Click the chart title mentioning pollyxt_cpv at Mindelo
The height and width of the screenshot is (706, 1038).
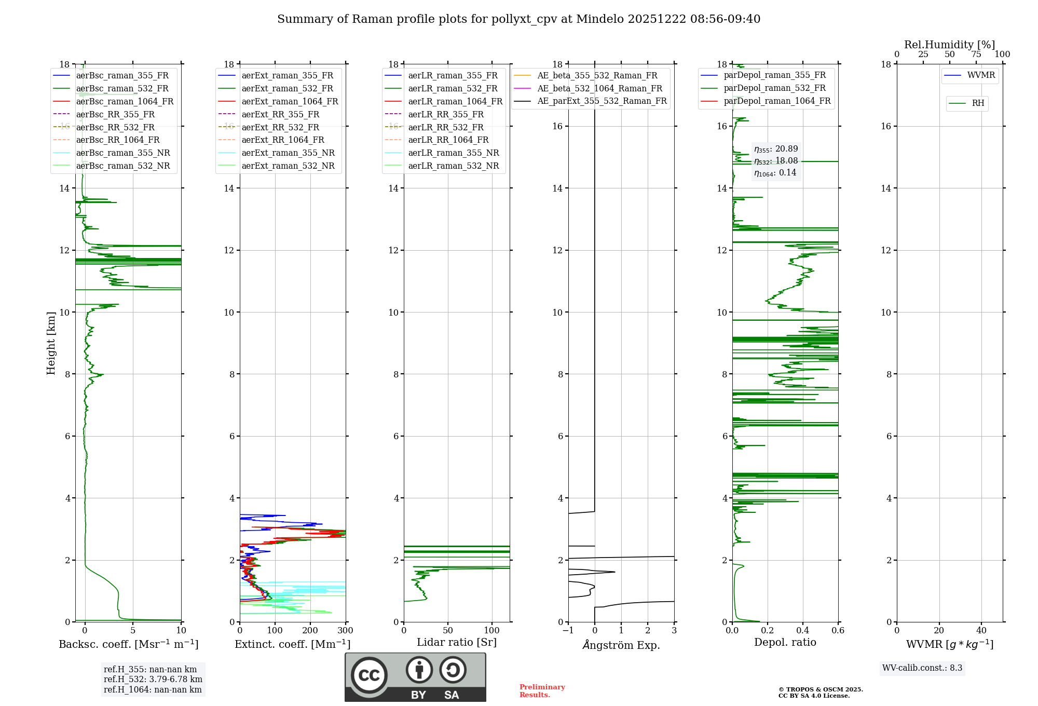(518, 19)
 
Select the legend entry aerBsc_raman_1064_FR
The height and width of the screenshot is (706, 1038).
(125, 101)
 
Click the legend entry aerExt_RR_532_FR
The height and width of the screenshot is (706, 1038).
(280, 127)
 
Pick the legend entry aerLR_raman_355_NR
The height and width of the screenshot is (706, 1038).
(453, 153)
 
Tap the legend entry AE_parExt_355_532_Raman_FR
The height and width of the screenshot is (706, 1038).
(602, 101)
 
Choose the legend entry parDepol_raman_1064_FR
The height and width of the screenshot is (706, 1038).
(777, 101)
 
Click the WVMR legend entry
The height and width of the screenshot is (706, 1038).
(981, 75)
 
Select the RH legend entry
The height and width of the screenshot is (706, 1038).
(978, 103)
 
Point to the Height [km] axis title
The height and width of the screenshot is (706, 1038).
(51, 343)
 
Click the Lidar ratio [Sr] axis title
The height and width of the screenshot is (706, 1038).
(457, 642)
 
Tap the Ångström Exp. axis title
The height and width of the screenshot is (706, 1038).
(621, 645)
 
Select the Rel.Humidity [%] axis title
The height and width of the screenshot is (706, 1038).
(949, 45)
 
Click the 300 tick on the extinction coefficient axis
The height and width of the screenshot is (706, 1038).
(345, 631)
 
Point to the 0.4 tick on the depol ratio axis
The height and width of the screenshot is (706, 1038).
(803, 631)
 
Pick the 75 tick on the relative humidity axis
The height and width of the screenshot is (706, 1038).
(976, 55)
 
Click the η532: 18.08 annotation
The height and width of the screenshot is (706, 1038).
(776, 161)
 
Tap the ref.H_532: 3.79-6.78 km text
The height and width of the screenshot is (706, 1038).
(153, 680)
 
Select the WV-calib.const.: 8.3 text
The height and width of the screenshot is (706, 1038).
(922, 668)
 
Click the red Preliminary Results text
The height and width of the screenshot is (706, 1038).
(542, 691)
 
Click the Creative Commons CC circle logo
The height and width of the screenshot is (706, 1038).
(369, 675)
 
